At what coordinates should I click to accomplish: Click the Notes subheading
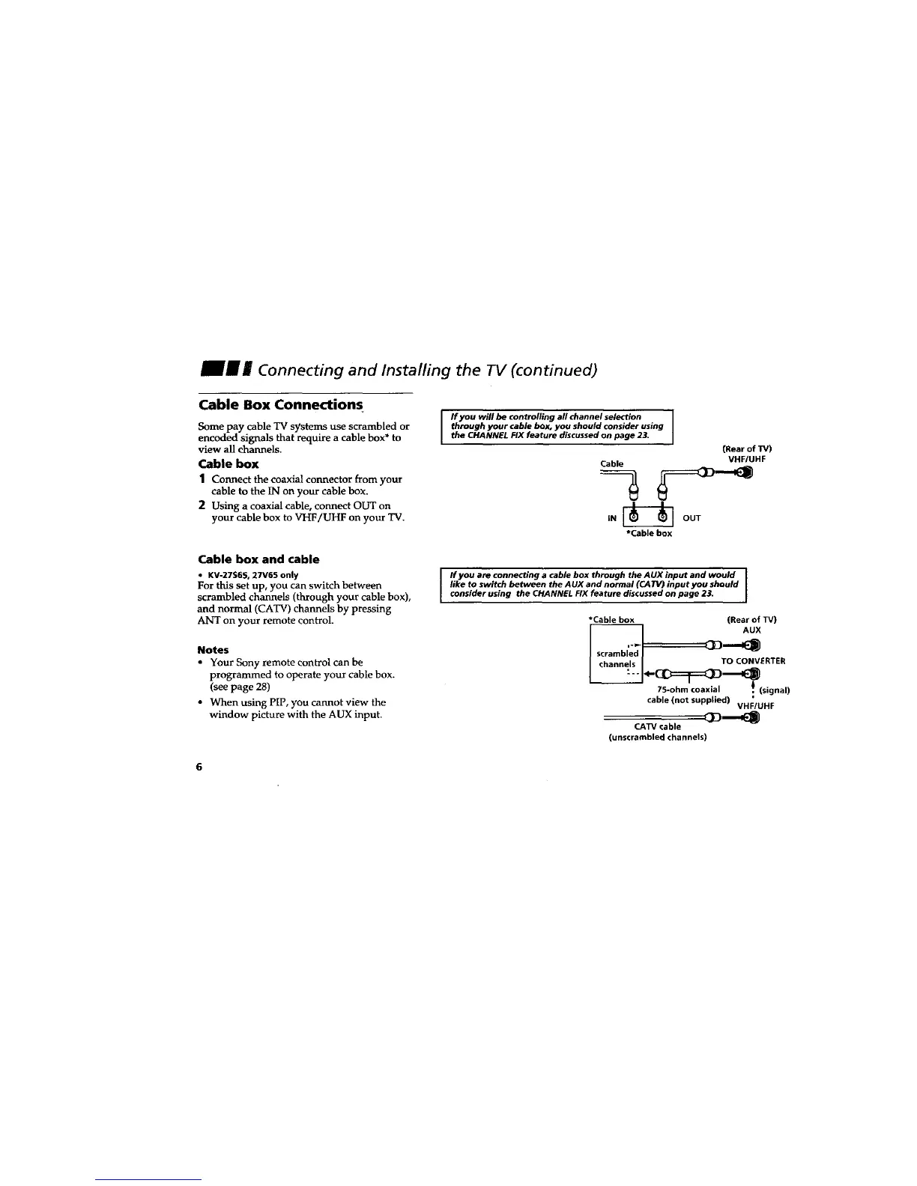(213, 649)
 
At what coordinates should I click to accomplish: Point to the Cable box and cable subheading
(258, 559)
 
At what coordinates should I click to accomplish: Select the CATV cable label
(657, 726)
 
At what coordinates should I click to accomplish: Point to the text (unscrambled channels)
(657, 738)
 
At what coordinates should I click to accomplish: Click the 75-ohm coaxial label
(688, 690)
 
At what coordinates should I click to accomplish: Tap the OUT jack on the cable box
(662, 516)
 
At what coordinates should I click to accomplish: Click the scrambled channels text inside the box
(617, 659)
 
